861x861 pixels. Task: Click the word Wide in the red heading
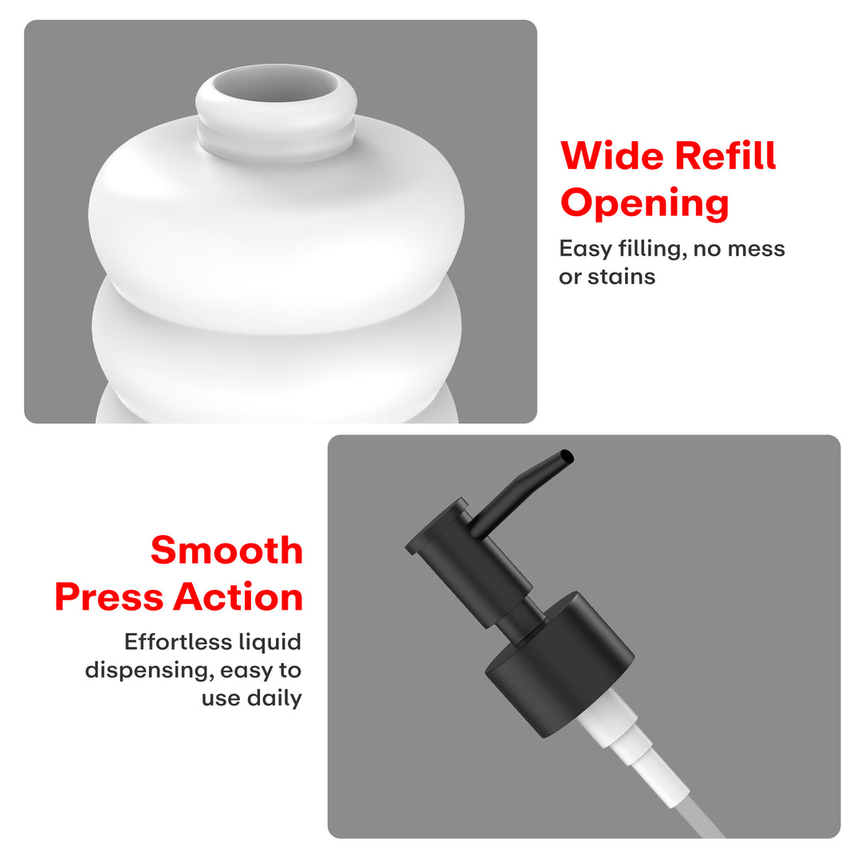tap(611, 156)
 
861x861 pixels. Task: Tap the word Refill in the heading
tap(725, 155)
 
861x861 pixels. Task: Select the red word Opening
tap(645, 204)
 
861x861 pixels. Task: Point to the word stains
tap(621, 277)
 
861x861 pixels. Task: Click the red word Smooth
tap(226, 550)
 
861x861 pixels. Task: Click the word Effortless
tap(171, 641)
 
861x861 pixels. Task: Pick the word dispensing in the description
tap(149, 670)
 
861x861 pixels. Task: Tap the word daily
tap(274, 698)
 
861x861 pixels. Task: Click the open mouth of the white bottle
tap(276, 85)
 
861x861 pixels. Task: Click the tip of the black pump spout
tap(568, 457)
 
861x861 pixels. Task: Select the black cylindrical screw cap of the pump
tap(560, 663)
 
